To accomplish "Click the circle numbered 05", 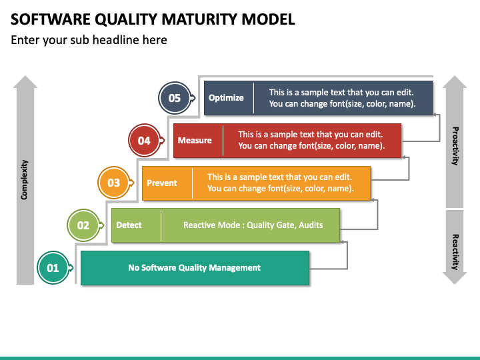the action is pos(175,98).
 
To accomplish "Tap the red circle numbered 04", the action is pos(144,141).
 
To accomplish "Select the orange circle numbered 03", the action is pos(113,183).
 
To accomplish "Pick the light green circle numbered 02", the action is pos(83,225).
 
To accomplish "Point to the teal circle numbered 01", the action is pos(53,268).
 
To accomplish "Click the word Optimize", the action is pos(226,97).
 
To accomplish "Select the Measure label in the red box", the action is pos(195,140).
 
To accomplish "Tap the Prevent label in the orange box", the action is pos(162,183).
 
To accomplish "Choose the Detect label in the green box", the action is pos(129,225).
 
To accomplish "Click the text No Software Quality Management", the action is pos(195,267).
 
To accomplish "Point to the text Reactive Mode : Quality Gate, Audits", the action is pos(253,225).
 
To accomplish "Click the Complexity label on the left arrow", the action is pos(24,180).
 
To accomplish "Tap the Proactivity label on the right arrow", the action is pos(455,146).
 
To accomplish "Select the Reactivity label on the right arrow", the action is pos(455,252).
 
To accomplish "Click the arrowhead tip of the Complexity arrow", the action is pos(25,76).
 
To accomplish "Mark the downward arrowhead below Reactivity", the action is pos(455,278).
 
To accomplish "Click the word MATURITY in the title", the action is pos(199,19).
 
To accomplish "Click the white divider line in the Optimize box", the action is pos(253,98).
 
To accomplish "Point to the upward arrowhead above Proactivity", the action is pos(455,82).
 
